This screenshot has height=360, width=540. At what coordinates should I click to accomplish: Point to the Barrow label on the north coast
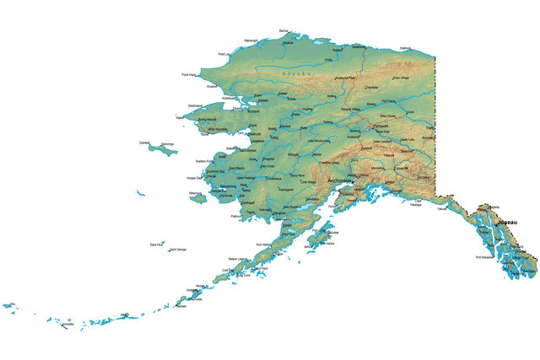tap(283, 30)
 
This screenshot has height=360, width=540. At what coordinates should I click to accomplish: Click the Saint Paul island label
tap(157, 244)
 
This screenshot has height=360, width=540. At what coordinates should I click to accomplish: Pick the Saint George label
tap(178, 250)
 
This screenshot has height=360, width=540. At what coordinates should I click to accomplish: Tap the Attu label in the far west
tap(11, 303)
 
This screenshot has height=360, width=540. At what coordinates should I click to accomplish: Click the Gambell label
tap(145, 142)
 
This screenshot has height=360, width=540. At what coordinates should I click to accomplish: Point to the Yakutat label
tap(442, 208)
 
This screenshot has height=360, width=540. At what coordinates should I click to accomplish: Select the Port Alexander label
tap(485, 256)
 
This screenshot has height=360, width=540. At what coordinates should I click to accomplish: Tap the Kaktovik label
tap(406, 48)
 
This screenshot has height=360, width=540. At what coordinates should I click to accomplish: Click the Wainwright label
tap(251, 40)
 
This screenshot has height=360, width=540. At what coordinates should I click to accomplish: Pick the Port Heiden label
tap(262, 244)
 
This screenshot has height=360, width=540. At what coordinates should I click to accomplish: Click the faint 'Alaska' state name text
tap(296, 74)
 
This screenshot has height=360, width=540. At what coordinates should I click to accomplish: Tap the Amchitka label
tap(68, 325)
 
